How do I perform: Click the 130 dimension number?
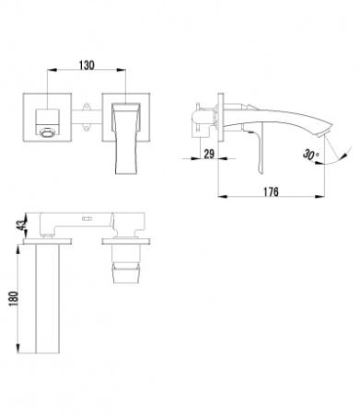(87, 66)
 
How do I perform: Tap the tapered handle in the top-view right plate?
(126, 138)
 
